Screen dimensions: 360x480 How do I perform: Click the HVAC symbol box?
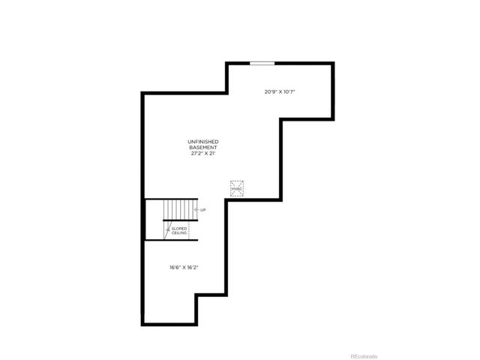click(x=238, y=187)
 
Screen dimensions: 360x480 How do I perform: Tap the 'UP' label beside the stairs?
click(x=202, y=210)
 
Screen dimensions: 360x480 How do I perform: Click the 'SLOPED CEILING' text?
click(x=180, y=231)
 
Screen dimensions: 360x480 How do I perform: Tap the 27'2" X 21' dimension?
click(x=204, y=152)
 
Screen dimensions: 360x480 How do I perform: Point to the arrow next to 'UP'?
click(x=196, y=210)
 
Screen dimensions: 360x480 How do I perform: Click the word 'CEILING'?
click(x=180, y=233)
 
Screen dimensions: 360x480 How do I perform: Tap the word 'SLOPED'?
click(x=180, y=228)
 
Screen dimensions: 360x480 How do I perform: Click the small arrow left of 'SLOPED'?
click(x=167, y=229)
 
